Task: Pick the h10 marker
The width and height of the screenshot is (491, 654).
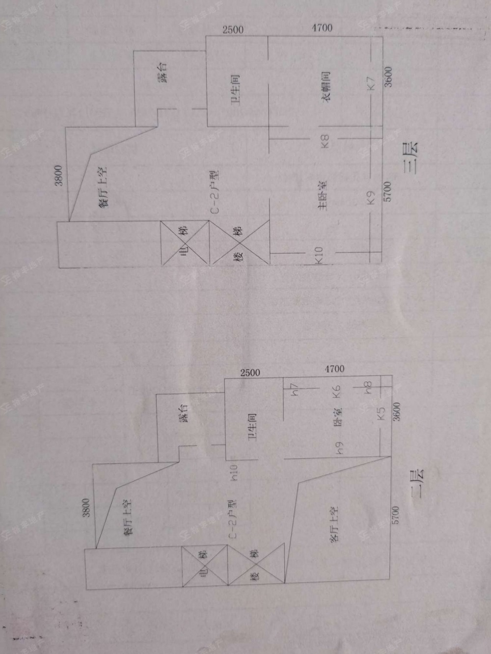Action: (x=234, y=472)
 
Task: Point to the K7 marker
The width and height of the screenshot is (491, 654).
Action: (x=371, y=83)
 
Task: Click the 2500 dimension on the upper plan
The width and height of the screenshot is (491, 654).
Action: (x=233, y=29)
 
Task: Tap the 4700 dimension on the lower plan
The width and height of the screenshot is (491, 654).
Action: (x=334, y=369)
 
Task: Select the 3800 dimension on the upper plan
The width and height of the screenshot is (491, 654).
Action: (x=58, y=175)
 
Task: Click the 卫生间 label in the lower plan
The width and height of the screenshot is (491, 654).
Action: (x=252, y=426)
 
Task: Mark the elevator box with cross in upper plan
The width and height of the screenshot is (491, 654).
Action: (x=185, y=244)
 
